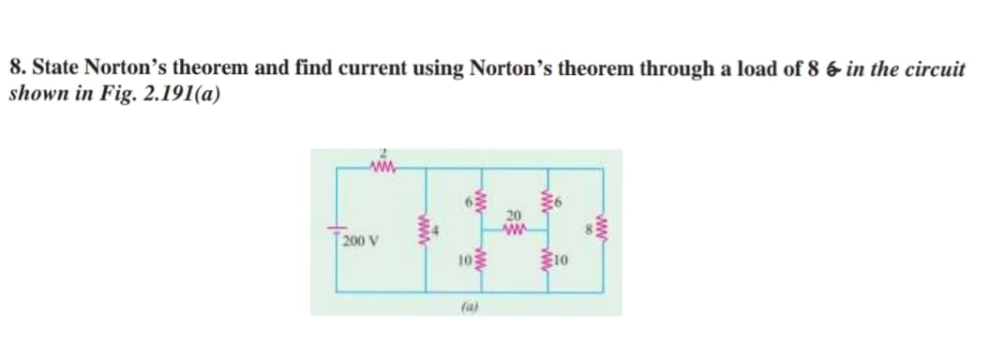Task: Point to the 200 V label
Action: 356,244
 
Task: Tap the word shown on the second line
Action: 35,95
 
